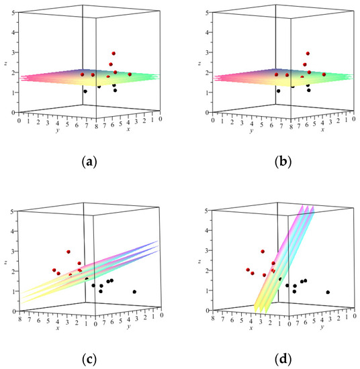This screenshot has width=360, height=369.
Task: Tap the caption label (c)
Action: pyautogui.click(x=89, y=358)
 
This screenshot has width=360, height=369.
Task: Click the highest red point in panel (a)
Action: pyautogui.click(x=114, y=54)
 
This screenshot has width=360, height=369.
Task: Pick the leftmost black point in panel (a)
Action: pyautogui.click(x=85, y=91)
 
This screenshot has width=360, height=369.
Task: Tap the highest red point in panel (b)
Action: pyautogui.click(x=308, y=54)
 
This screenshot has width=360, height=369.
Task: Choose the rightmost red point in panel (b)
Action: pyautogui.click(x=324, y=74)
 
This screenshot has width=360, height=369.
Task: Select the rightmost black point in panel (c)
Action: pyautogui.click(x=135, y=292)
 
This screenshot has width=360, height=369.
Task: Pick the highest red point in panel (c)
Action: pyautogui.click(x=69, y=252)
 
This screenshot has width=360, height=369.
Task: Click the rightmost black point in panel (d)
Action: pyautogui.click(x=328, y=292)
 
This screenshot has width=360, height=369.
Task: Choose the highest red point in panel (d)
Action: pyautogui.click(x=263, y=252)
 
